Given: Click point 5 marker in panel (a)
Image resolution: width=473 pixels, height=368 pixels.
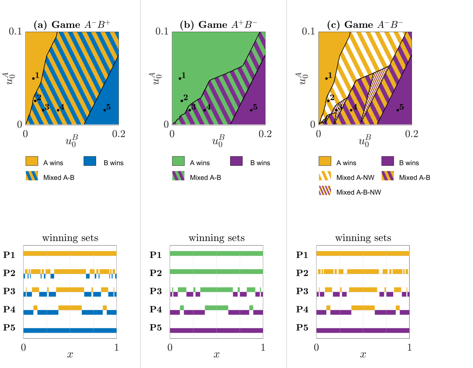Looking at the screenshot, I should [105, 110].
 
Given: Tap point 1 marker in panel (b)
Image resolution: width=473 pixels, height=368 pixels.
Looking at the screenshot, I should [180, 78].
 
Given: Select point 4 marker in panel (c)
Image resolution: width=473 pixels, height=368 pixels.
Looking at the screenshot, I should [351, 110].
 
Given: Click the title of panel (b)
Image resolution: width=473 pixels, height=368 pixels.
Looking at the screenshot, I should [218, 25].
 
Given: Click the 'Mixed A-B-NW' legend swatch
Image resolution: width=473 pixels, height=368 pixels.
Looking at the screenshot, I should [325, 191].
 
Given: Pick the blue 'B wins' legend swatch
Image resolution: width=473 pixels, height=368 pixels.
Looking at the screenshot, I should [90, 161].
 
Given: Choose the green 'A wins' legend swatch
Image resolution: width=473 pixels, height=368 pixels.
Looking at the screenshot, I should [178, 161].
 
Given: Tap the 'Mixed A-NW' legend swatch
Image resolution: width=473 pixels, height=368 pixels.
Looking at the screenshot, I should [325, 176].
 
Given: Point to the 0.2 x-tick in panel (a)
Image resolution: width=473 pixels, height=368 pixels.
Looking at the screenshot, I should [119, 134].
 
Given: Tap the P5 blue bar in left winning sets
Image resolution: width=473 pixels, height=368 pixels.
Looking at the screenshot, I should [70, 331].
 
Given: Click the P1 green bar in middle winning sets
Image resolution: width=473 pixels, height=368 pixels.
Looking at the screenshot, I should [216, 254].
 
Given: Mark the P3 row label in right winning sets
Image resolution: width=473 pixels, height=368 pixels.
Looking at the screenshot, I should [302, 291].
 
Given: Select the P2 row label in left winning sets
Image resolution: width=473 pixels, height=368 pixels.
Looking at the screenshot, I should [9, 273].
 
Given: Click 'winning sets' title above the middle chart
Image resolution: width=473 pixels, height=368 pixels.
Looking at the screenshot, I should [217, 238].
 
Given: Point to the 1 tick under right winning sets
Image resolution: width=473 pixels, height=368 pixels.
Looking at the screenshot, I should [409, 348].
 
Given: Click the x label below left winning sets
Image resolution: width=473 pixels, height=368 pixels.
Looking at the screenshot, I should [70, 355].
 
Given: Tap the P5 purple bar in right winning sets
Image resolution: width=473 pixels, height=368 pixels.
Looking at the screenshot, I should [363, 331].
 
